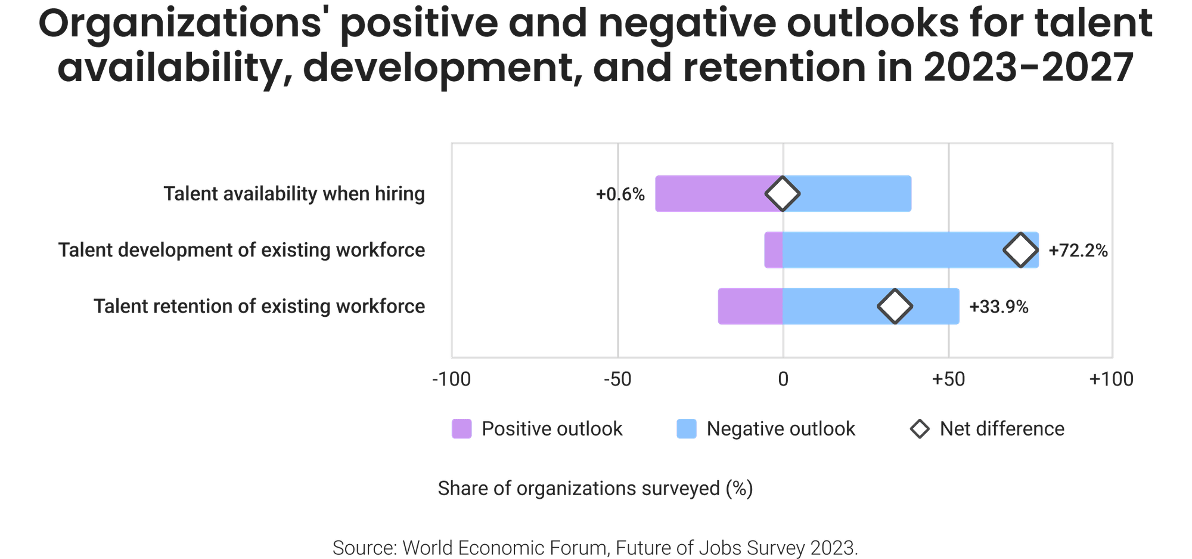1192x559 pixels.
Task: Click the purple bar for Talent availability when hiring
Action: point(709,193)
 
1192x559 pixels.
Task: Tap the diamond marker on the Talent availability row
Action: point(783,193)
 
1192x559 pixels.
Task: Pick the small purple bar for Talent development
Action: point(774,250)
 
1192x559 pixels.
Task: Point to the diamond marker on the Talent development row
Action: point(1021,251)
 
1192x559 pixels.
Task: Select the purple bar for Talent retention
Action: point(750,307)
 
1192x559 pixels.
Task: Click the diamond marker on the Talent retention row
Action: point(895,307)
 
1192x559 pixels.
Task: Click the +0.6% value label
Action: point(620,194)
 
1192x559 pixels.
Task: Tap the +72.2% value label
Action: point(1078,251)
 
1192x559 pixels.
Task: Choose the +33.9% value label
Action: point(999,307)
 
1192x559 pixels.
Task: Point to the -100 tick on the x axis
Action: point(451,379)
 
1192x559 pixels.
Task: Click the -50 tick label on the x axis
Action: point(617,379)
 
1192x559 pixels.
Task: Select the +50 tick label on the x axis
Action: point(948,379)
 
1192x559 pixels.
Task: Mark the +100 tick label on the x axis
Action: point(1112,379)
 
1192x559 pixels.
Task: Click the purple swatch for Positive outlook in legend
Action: point(462,429)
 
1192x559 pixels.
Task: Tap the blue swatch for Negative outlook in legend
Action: point(687,429)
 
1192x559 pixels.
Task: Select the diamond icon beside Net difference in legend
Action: point(920,429)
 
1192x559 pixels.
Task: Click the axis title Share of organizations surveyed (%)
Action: point(596,489)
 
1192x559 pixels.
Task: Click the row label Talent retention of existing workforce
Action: point(260,307)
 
